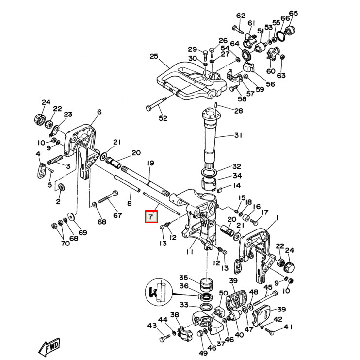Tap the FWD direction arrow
click(x=49, y=347)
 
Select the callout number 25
click(x=154, y=57)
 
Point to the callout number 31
click(x=238, y=135)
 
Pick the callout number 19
click(x=150, y=163)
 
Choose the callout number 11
click(x=189, y=252)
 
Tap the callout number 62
click(x=241, y=16)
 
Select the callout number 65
click(x=294, y=13)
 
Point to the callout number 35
click(x=183, y=278)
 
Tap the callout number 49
click(x=202, y=353)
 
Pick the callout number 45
click(x=268, y=287)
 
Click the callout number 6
click(x=99, y=112)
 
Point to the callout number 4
click(x=38, y=154)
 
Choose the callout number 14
click(x=237, y=185)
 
